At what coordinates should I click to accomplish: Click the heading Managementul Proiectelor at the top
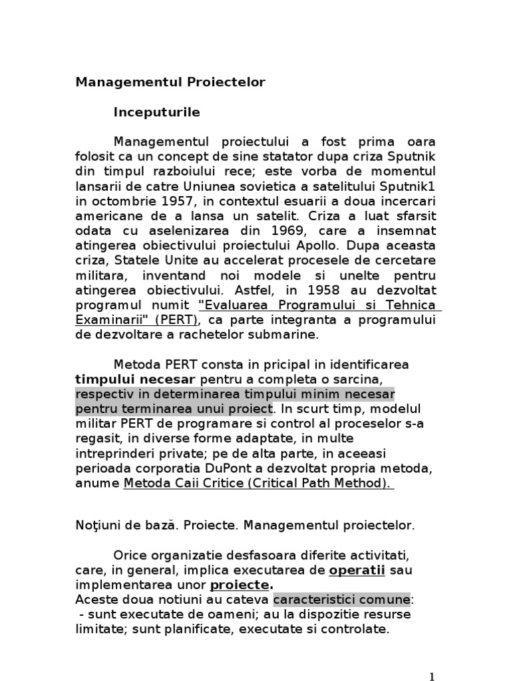coord(170,82)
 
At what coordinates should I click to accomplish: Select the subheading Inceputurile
coord(156,112)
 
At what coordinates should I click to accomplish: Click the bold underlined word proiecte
coord(240,585)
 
